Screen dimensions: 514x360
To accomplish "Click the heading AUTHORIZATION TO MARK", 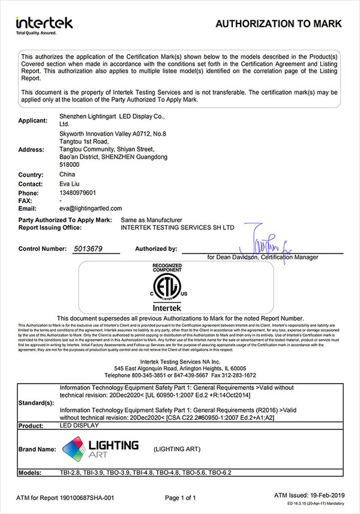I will [x=278, y=24].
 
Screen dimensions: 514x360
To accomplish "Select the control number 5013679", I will [x=88, y=248].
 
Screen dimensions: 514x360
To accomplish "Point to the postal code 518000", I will [x=70, y=164].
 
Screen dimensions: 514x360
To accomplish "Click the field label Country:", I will [x=31, y=175].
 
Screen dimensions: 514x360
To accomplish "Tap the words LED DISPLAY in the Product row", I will [x=80, y=425].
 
